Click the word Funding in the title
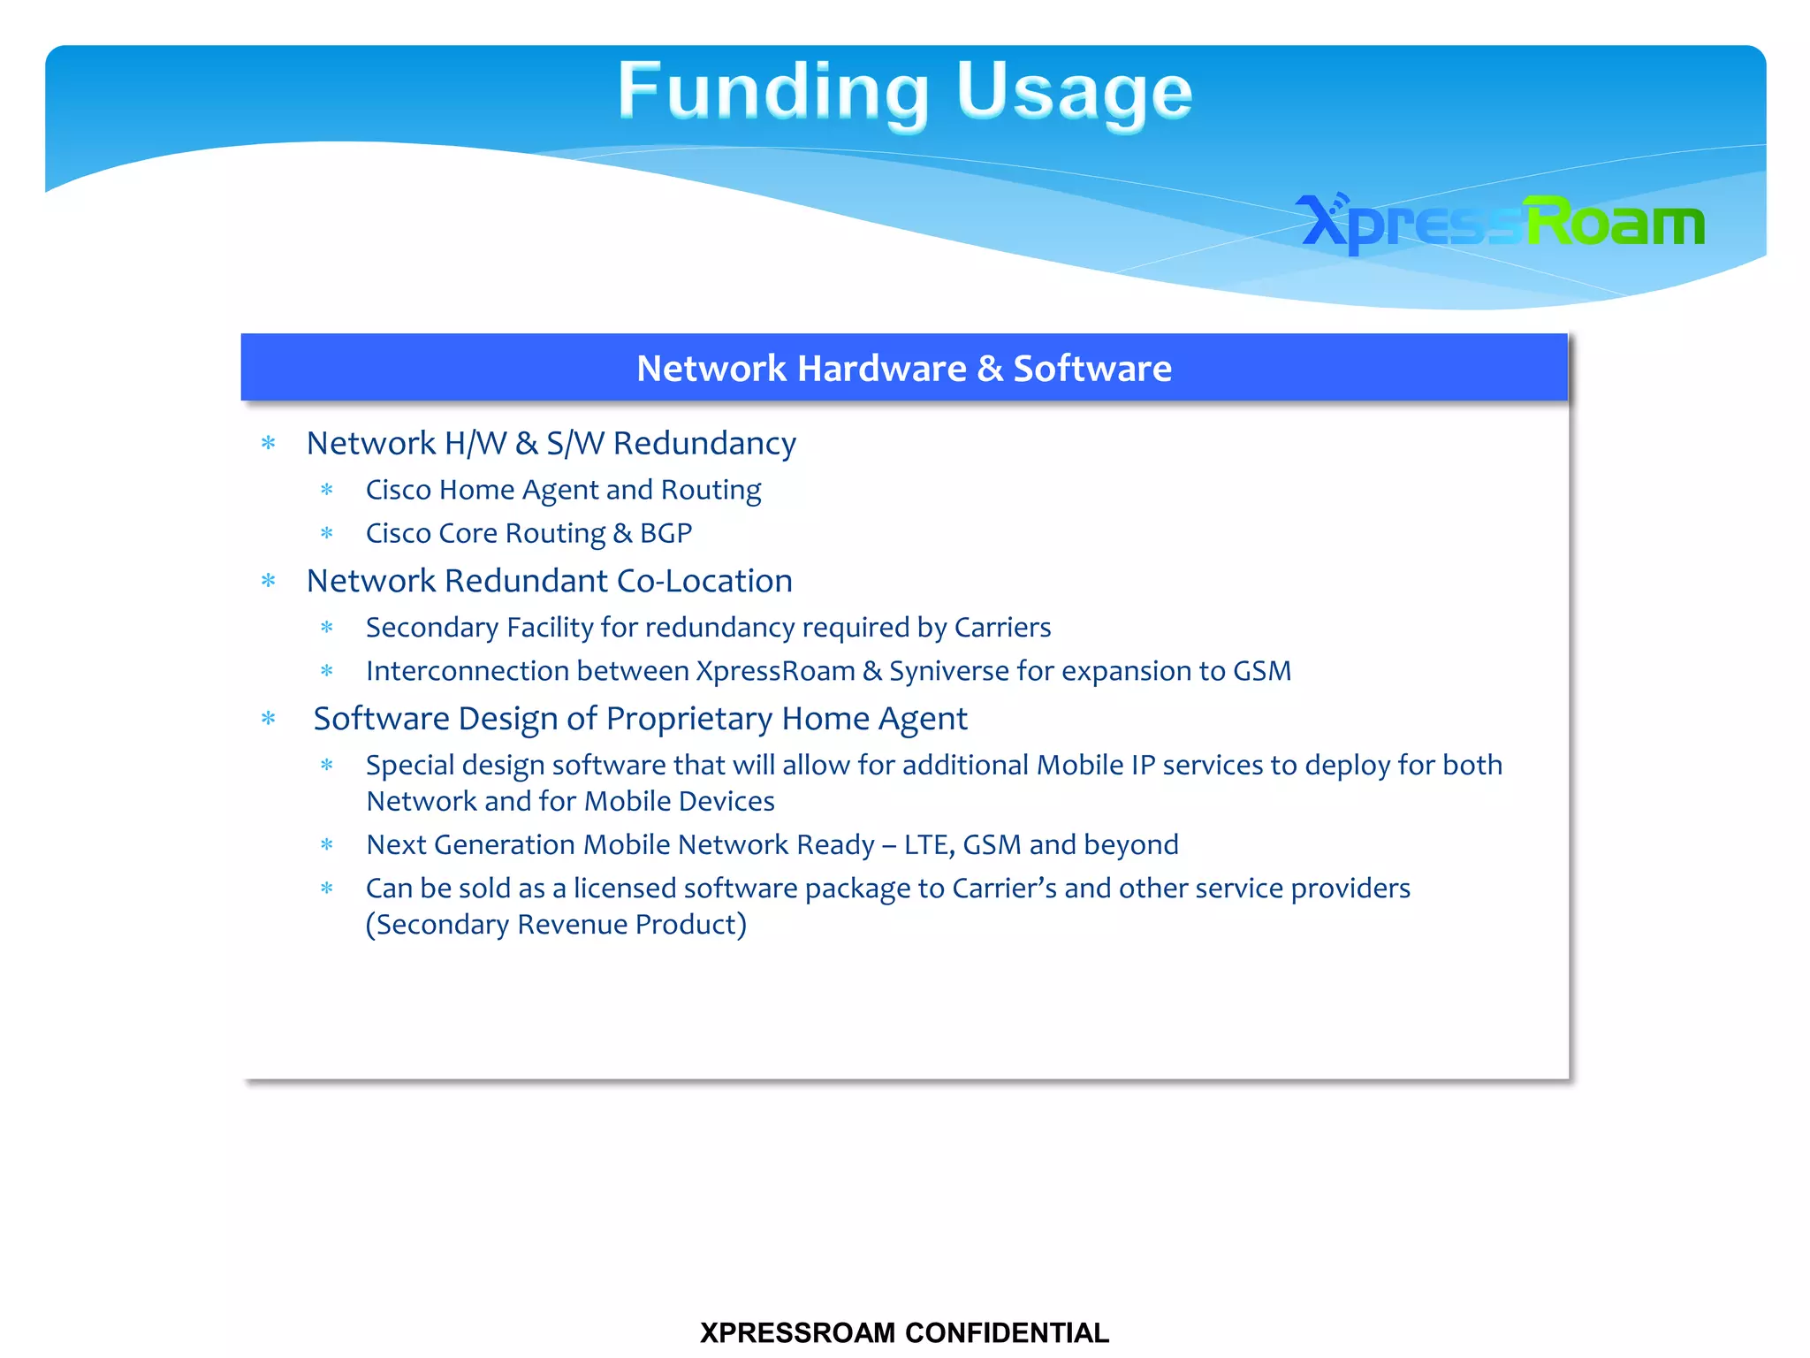tap(772, 92)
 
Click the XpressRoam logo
tap(1500, 222)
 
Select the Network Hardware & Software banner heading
tap(903, 368)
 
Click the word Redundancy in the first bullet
tap(704, 443)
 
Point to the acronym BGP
tap(665, 533)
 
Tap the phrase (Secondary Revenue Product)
tap(556, 925)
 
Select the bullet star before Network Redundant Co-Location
tap(269, 581)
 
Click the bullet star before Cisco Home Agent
tap(327, 490)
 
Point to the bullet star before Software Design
tap(269, 719)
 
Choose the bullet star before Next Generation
tap(327, 844)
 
